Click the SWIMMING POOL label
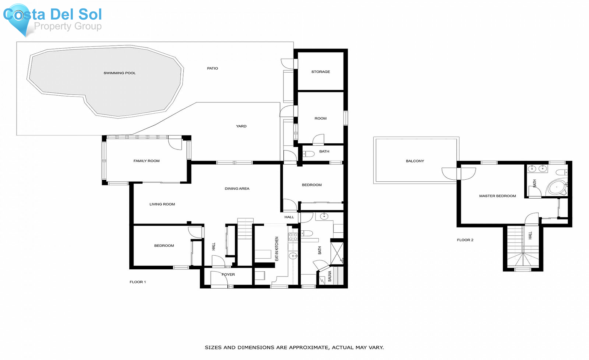tap(119, 73)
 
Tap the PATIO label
tap(212, 68)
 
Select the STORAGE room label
tap(321, 72)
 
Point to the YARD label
tap(241, 126)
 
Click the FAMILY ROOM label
tap(147, 161)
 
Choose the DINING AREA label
tap(237, 189)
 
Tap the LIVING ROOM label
tap(162, 204)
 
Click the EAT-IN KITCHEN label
tap(277, 249)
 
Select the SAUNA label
tap(330, 276)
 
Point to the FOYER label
tap(228, 275)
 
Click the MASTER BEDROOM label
tap(497, 196)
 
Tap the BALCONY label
tap(415, 161)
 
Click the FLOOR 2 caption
tap(465, 240)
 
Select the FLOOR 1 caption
tap(138, 282)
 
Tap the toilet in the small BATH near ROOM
tap(308, 153)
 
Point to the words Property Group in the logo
tap(68, 26)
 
